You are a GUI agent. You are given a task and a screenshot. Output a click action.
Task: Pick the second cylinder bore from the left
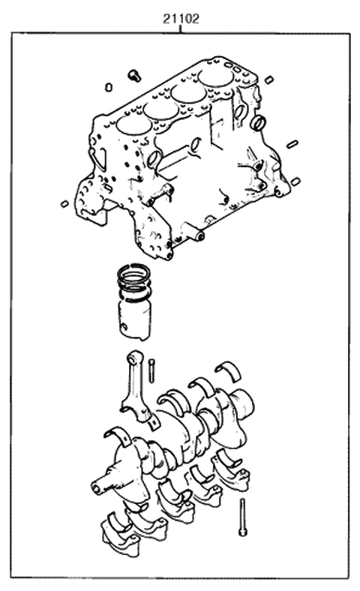click(159, 108)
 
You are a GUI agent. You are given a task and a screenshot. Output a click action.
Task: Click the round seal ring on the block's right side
click(259, 122)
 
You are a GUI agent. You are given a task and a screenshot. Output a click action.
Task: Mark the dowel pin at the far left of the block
click(64, 202)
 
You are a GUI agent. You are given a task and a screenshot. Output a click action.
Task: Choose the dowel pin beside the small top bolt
click(109, 86)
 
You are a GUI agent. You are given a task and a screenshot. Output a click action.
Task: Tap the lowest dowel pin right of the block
click(295, 181)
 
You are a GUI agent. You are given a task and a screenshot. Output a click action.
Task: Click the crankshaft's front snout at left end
click(99, 486)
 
